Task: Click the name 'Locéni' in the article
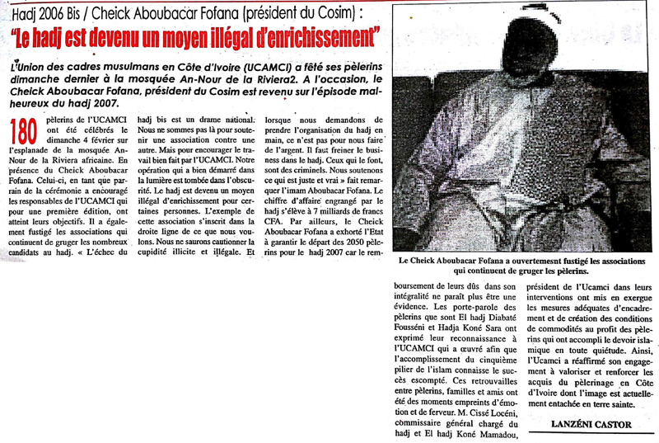485,404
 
